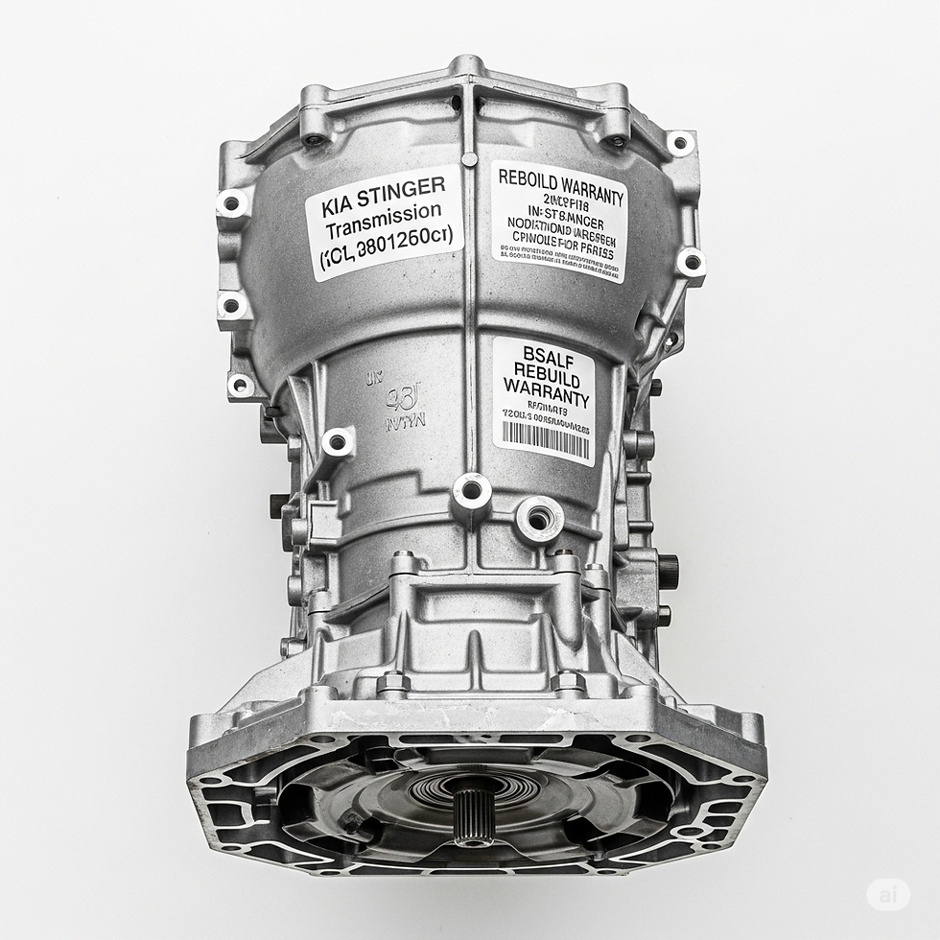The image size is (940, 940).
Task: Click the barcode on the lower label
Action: click(546, 438)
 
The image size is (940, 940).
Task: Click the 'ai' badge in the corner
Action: click(887, 894)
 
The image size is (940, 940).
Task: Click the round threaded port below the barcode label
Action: click(538, 519)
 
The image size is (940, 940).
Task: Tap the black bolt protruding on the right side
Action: click(667, 571)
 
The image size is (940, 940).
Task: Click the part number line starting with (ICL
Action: click(388, 254)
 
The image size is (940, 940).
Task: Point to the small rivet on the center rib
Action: click(469, 159)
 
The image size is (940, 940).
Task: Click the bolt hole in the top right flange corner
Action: click(680, 144)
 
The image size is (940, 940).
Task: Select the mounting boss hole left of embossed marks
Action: click(338, 442)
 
